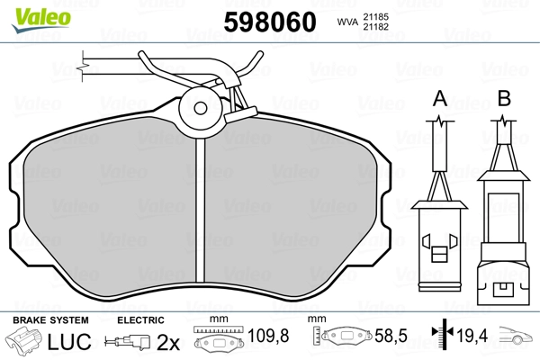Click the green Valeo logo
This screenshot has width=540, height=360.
coord(41,20)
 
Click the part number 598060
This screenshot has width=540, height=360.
coord(270,22)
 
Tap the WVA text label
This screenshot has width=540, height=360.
coord(347,22)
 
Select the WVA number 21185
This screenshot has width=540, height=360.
coord(376,17)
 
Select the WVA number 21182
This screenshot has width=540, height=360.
coord(376,27)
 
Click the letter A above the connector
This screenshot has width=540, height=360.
coord(440,98)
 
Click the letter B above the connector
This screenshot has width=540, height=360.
coord(504,98)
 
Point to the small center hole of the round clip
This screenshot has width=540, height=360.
coord(200,108)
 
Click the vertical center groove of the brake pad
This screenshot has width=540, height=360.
coord(200,210)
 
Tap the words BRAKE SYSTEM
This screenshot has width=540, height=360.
coord(50,320)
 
